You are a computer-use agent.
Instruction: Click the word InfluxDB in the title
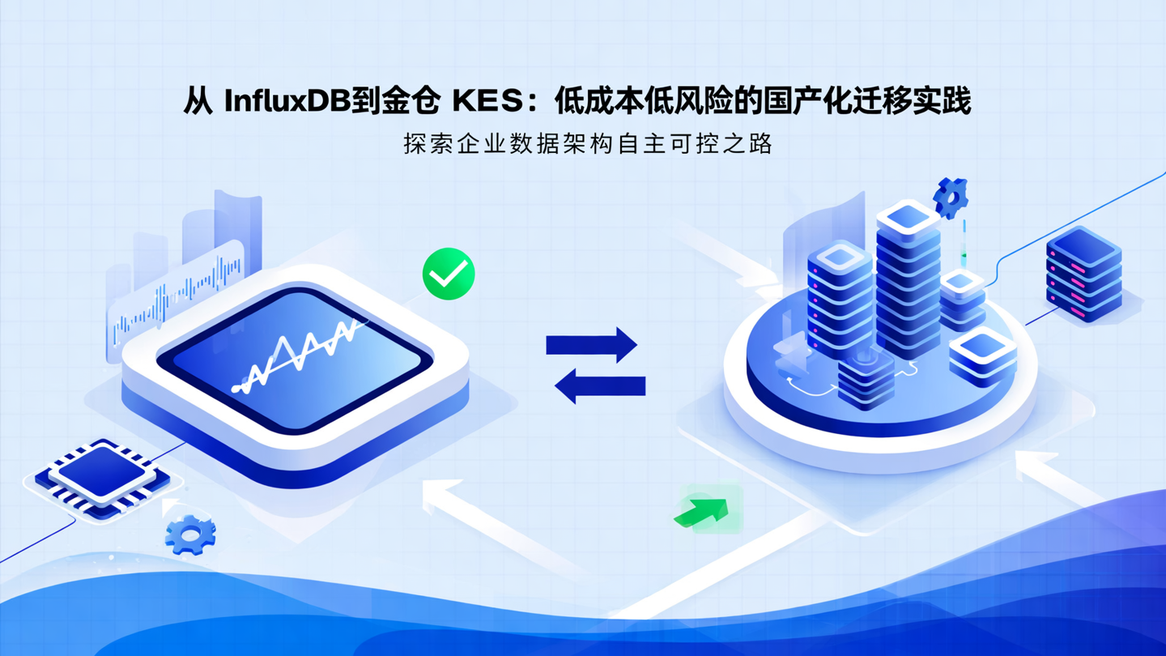tap(286, 102)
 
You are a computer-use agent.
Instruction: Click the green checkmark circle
tap(449, 274)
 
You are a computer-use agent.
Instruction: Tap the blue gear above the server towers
tap(951, 197)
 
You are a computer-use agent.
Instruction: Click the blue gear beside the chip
tap(190, 534)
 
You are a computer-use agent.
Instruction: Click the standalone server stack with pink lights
tap(1083, 274)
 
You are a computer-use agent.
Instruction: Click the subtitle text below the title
tap(588, 144)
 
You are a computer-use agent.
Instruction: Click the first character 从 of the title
tap(198, 102)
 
